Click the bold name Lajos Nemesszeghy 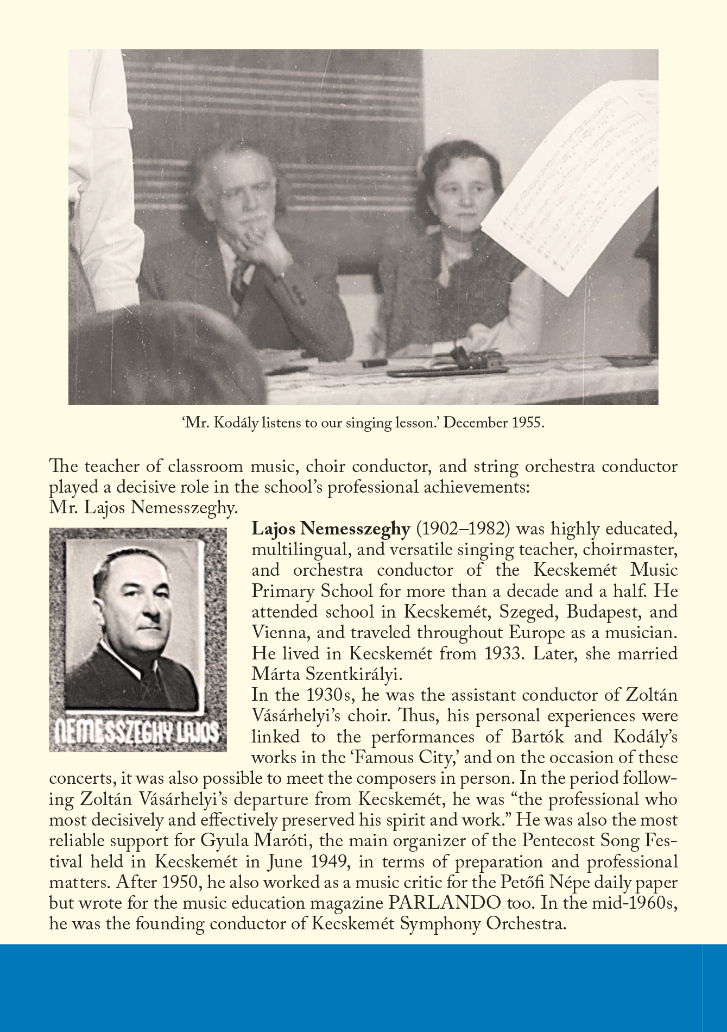(x=330, y=529)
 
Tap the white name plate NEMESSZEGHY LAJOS (x=138, y=734)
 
